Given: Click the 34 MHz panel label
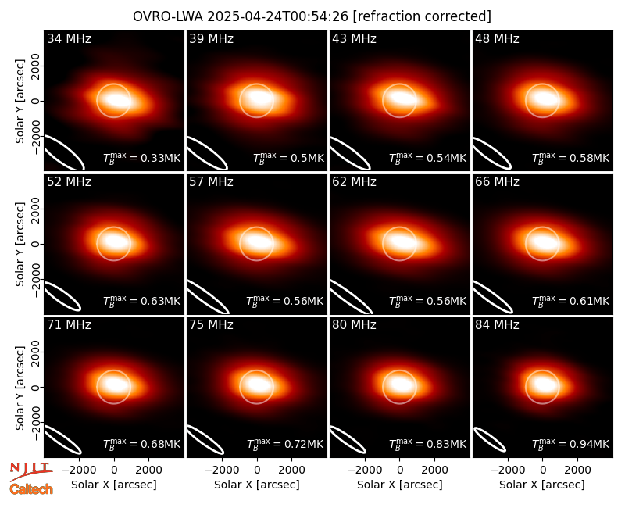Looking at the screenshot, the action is [69, 38].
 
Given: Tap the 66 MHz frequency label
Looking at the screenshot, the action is [497, 182].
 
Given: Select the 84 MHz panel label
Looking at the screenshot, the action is [497, 325].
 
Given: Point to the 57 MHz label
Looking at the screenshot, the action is [211, 182].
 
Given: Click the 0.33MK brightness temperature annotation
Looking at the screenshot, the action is [142, 158].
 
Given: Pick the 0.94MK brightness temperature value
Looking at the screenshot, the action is [571, 443].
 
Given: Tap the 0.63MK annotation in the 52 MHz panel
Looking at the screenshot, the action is [142, 300].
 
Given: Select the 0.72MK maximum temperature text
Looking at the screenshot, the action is [285, 443].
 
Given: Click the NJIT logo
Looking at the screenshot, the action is [31, 470].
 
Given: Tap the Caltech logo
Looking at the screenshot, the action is [31, 489].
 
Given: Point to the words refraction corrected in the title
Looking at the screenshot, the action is [423, 16].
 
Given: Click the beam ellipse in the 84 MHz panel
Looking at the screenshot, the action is [490, 439].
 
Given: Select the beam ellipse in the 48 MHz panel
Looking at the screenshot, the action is [492, 153].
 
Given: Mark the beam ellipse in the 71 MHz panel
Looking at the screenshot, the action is [62, 439].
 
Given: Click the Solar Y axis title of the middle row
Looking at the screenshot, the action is [20, 244].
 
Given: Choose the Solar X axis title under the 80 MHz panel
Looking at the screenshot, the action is [400, 485].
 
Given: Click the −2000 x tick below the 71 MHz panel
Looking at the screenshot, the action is [79, 470].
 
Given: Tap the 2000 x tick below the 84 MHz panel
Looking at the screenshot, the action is [577, 470].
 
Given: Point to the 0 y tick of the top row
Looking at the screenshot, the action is [36, 101].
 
